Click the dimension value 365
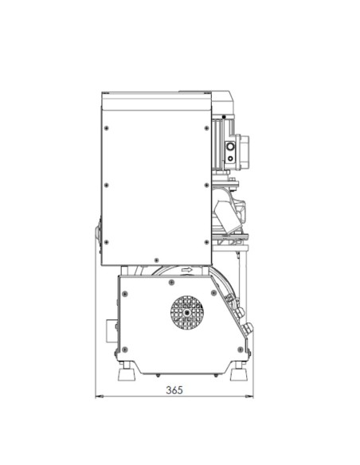tap(174, 390)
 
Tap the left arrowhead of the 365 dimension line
tap(99, 396)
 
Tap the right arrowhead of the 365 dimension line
tap(249, 396)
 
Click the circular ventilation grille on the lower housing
tap(187, 313)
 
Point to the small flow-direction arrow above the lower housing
tap(187, 270)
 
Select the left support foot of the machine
tap(127, 373)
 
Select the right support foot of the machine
tap(239, 373)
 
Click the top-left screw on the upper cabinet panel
tap(107, 128)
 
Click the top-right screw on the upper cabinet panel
tap(207, 128)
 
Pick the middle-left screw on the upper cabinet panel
tap(107, 186)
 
